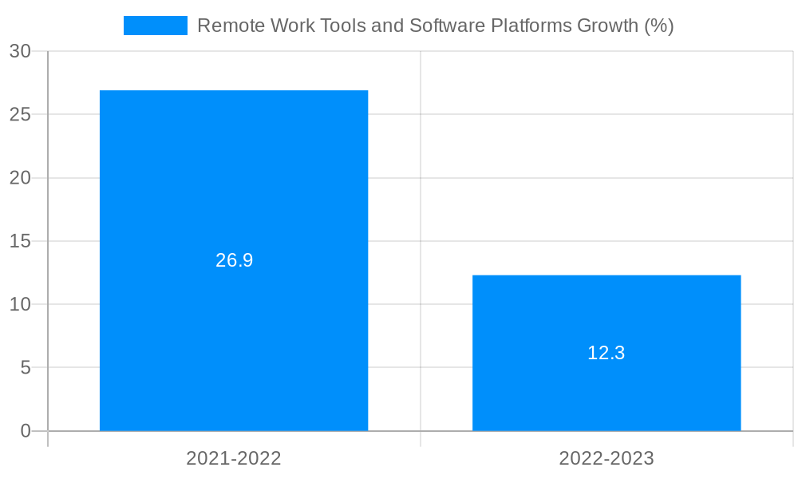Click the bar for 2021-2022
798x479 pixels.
234,176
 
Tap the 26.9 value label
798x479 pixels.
234,260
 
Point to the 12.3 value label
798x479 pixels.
606,353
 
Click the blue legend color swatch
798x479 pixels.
156,26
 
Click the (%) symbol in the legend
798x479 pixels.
658,26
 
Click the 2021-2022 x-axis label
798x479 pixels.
234,458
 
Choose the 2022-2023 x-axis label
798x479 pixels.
606,458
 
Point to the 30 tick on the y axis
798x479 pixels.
20,51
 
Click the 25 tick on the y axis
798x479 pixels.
20,114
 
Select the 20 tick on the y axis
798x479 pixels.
20,178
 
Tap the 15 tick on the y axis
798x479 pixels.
20,241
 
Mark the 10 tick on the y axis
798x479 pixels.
20,304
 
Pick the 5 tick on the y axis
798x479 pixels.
26,368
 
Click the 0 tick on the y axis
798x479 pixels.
26,431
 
